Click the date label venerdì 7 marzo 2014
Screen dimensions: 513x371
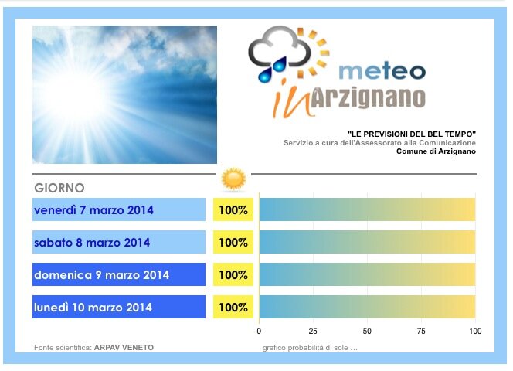click(x=93, y=210)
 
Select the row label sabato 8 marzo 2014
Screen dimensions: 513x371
click(x=92, y=243)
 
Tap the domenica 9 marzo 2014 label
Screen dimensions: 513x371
click(x=101, y=274)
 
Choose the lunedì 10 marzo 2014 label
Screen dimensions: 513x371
click(x=93, y=307)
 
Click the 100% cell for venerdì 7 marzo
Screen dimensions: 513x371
click(x=233, y=209)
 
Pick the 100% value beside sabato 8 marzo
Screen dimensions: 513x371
click(x=233, y=242)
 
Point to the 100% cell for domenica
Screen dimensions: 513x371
click(x=233, y=274)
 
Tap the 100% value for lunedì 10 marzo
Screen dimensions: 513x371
click(x=233, y=307)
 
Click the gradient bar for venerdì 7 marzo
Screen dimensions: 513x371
click(x=367, y=209)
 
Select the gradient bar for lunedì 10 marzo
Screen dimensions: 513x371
click(x=367, y=307)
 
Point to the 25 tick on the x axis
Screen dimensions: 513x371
click(x=313, y=332)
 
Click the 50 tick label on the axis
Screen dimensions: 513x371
click(x=367, y=332)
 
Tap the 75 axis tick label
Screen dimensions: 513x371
click(x=421, y=332)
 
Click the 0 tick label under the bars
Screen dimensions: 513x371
click(x=259, y=332)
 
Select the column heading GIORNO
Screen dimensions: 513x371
click(x=59, y=188)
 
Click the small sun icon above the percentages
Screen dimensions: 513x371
click(x=233, y=179)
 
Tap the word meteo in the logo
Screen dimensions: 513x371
click(x=382, y=71)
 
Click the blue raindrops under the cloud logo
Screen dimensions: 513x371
click(x=273, y=69)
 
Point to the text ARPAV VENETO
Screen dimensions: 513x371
click(x=124, y=347)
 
